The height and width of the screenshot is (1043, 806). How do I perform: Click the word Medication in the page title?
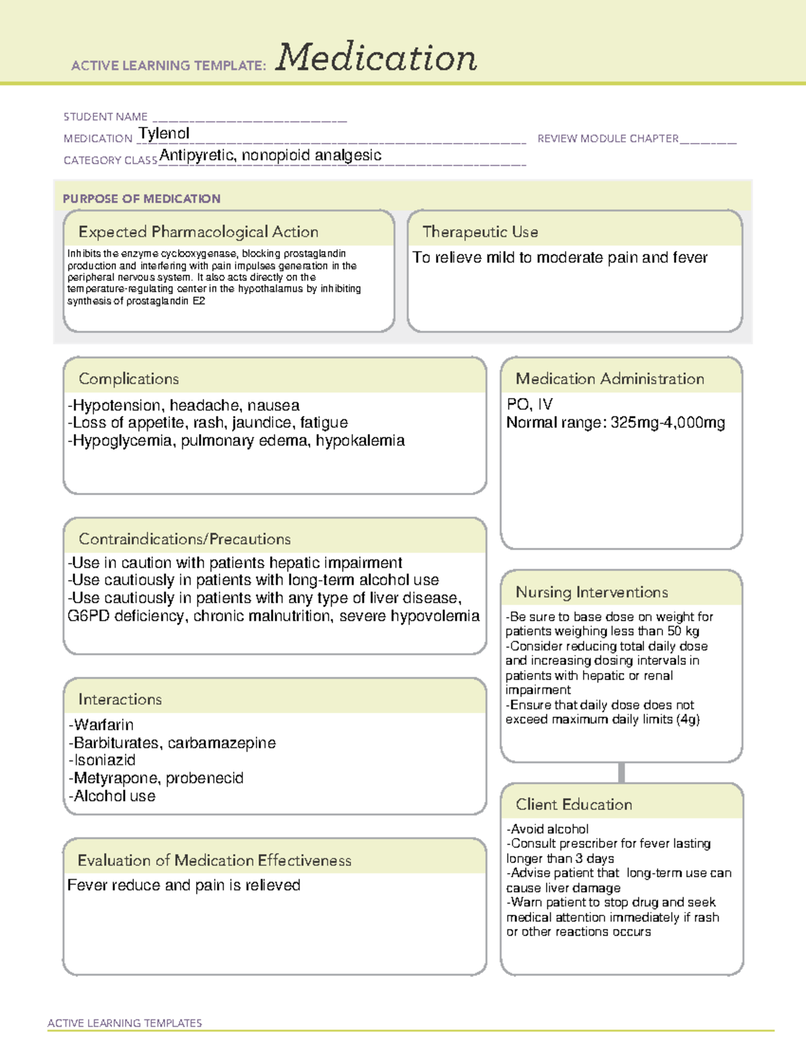[x=376, y=58]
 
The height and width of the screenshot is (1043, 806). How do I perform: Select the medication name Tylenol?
[x=164, y=134]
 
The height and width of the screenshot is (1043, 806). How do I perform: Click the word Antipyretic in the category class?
[x=197, y=156]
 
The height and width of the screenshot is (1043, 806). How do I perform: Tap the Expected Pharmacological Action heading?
[x=198, y=232]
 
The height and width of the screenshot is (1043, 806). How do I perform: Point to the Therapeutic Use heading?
[x=480, y=232]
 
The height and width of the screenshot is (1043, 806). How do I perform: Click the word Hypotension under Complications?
[x=118, y=406]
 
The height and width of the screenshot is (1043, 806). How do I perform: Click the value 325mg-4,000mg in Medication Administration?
[x=668, y=422]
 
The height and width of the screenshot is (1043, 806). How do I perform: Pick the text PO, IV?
[x=529, y=404]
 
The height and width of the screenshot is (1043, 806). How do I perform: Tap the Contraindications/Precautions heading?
[x=185, y=539]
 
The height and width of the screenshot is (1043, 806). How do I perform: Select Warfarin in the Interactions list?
[x=103, y=725]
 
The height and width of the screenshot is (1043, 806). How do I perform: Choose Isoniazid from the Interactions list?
[x=104, y=760]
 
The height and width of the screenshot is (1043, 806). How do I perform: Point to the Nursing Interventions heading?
[x=592, y=592]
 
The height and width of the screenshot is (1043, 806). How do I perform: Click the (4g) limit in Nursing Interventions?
[x=688, y=719]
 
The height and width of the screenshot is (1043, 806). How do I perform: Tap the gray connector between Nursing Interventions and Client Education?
[x=621, y=772]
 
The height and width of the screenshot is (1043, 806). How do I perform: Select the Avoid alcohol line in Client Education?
[x=548, y=829]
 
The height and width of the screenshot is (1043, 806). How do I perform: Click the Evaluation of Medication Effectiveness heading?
[x=214, y=860]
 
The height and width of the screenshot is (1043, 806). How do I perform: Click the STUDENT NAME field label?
[x=105, y=117]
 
